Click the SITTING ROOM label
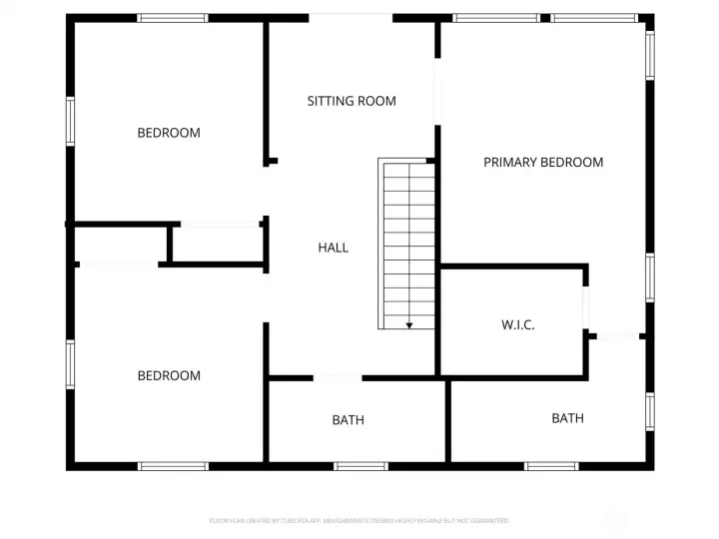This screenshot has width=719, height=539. point(352,101)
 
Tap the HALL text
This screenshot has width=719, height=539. point(334,248)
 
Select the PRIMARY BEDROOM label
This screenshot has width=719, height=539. point(543,162)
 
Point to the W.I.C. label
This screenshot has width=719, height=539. point(517,325)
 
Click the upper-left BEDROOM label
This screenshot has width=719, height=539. point(169,133)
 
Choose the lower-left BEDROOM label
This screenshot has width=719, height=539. point(169,376)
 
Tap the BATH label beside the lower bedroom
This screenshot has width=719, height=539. point(349,420)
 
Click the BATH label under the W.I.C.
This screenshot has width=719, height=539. point(567,418)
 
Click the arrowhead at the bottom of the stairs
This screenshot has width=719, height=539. point(409,324)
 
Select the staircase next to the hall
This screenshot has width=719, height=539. point(407,244)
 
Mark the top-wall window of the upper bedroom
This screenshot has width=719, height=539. point(173,18)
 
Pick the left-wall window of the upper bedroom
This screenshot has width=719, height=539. point(70,121)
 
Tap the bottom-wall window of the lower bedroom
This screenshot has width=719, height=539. point(173,466)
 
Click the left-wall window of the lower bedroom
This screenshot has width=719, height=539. point(70,364)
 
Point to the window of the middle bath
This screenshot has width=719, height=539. point(360,466)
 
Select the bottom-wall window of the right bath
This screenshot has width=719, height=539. point(551,466)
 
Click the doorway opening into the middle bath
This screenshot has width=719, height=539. point(338,378)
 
